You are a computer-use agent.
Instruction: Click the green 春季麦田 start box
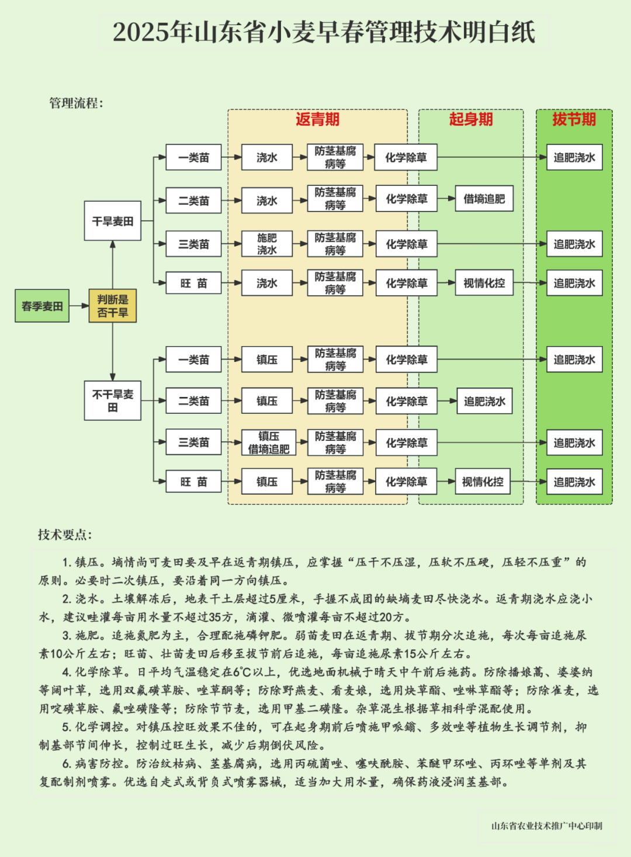(x=42, y=306)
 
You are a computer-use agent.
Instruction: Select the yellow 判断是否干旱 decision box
(x=112, y=306)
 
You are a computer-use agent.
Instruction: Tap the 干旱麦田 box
(x=112, y=221)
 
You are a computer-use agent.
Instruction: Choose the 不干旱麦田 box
(x=112, y=400)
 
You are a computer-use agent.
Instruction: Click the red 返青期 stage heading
(x=317, y=119)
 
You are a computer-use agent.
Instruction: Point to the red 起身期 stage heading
(x=471, y=119)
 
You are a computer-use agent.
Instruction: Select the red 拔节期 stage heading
(x=574, y=119)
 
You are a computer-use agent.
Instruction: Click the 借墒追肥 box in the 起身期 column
(x=484, y=199)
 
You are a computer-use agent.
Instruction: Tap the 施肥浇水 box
(x=267, y=244)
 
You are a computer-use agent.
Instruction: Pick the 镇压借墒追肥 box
(x=269, y=443)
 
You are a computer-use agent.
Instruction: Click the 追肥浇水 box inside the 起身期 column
(x=484, y=401)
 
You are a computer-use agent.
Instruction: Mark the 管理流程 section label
(x=76, y=103)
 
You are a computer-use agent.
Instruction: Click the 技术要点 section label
(x=65, y=534)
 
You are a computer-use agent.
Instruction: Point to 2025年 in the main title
(x=141, y=32)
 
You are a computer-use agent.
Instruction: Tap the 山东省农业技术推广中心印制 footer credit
(x=546, y=826)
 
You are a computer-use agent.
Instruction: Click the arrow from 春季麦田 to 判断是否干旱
(x=79, y=306)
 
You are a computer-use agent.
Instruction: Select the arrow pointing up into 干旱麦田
(x=112, y=265)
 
